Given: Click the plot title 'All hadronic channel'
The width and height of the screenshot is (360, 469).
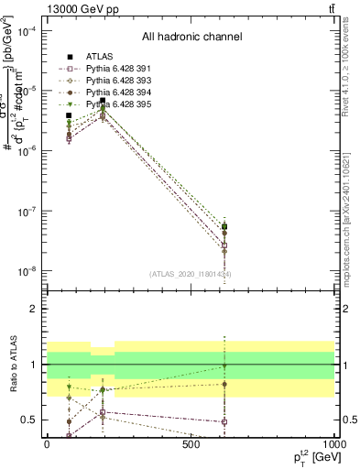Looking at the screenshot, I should tap(191, 38).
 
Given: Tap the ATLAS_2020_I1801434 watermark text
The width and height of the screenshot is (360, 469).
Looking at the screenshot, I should tap(191, 274).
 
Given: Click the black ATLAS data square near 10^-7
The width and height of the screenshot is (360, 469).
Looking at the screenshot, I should tap(224, 226).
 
